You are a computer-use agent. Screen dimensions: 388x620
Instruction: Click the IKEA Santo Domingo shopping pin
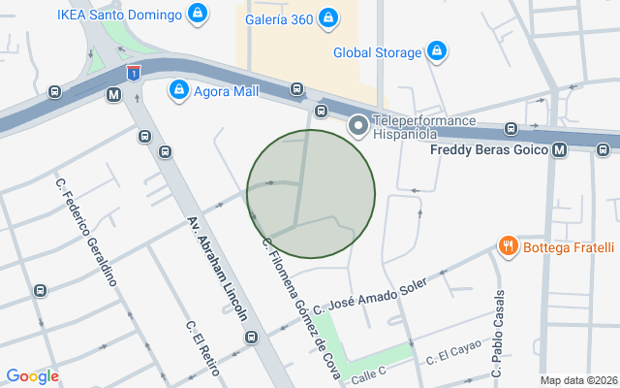[198, 15]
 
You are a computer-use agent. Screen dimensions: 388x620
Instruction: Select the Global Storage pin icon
[437, 50]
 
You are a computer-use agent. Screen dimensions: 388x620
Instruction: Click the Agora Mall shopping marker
[178, 91]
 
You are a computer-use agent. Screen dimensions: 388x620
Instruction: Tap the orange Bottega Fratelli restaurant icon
[507, 246]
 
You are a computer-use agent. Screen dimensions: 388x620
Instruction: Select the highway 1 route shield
[133, 72]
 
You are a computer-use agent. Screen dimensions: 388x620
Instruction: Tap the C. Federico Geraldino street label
[86, 232]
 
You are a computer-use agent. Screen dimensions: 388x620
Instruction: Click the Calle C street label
[368, 373]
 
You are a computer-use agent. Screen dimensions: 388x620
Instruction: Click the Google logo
[32, 376]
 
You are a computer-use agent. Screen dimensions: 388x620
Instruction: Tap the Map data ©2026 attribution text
[577, 380]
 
